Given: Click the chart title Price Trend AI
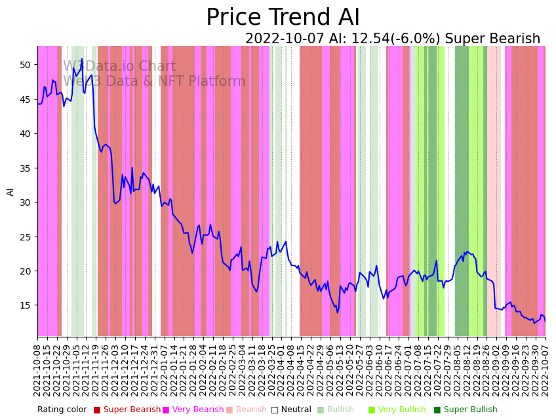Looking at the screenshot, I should pos(283,18).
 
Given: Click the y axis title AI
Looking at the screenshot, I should pos(10,191).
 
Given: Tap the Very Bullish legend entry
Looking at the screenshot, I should pos(401,410).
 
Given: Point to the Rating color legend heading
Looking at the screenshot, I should pos(62,410).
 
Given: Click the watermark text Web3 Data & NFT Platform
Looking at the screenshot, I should pos(154,81).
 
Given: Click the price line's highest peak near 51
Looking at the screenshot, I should pos(82,60).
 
